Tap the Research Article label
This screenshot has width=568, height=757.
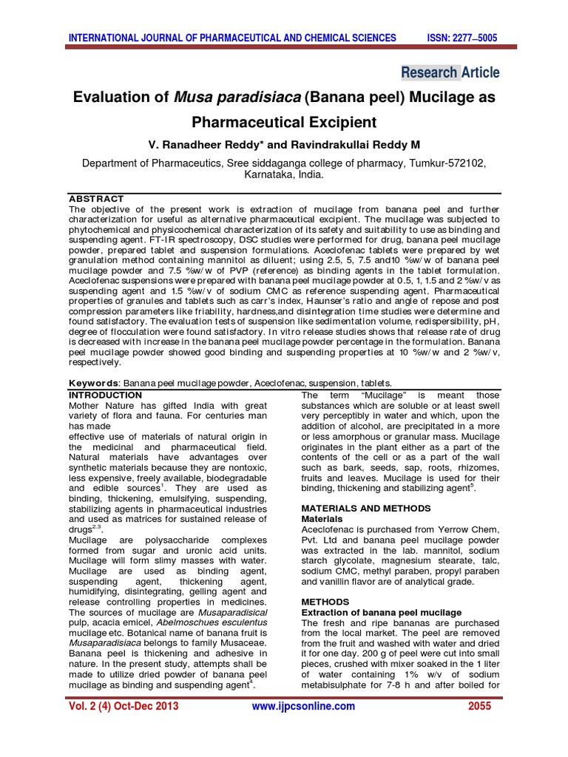450,72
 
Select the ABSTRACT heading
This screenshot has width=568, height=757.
95,200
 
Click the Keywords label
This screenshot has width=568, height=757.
94,384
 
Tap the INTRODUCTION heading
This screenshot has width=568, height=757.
105,396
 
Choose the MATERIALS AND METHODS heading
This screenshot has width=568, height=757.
365,509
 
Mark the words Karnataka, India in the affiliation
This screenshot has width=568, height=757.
283,177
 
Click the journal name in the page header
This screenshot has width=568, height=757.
232,38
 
